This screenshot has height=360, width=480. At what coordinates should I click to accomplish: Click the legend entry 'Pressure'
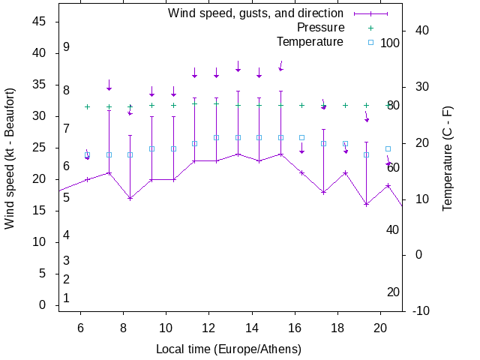pos(316,28)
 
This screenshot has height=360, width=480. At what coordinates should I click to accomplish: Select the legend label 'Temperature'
pos(310,41)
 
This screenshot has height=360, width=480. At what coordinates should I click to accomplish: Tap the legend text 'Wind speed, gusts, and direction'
pos(256,13)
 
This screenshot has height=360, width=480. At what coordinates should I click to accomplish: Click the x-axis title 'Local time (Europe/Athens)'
pos(229,349)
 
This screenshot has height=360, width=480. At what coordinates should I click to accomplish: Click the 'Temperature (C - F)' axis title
pos(448,157)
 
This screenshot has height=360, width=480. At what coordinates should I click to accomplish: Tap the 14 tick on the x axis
pos(251,327)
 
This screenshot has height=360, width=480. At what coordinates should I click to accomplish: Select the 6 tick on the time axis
pos(79,327)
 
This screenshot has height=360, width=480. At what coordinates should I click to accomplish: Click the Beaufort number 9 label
pos(67,47)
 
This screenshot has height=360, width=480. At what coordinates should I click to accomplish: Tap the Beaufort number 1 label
pos(67,298)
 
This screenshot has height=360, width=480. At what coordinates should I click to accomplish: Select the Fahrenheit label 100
pos(390,43)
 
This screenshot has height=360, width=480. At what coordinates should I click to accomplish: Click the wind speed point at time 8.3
pos(130,199)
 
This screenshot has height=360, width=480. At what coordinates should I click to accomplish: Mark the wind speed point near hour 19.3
pos(367,204)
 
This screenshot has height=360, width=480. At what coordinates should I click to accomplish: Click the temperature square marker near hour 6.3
pos(87,155)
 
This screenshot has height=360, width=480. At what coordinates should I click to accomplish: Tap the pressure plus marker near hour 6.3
pos(87,106)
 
